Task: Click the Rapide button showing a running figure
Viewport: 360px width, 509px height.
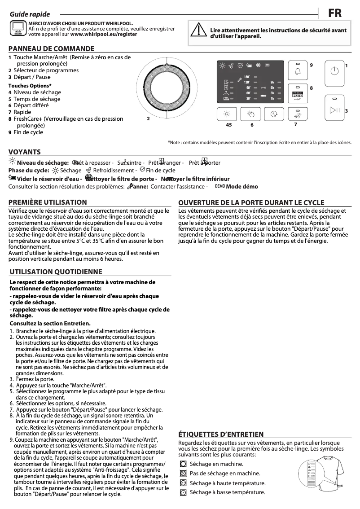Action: [x=296, y=114]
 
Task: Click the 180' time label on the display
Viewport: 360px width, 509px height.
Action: [x=247, y=77]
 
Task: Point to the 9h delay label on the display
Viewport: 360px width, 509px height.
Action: [x=272, y=82]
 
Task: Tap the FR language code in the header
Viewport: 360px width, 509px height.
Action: [x=334, y=13]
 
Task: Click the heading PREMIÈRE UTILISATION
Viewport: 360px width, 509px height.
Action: [x=48, y=202]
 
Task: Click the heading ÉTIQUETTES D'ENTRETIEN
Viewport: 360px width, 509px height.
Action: [x=221, y=434]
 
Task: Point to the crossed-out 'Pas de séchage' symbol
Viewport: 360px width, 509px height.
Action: [x=183, y=473]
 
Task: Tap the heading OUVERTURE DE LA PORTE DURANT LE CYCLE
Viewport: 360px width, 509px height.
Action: [x=251, y=202]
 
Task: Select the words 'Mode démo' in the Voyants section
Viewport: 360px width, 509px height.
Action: [x=242, y=187]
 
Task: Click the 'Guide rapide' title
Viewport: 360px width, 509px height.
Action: [x=30, y=14]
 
